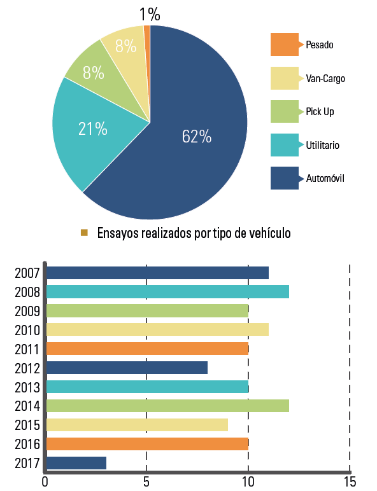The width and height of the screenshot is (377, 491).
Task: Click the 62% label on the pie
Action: [x=197, y=137]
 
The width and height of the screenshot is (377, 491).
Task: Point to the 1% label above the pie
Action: [x=150, y=15]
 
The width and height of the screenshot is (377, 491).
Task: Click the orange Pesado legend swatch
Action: [x=285, y=45]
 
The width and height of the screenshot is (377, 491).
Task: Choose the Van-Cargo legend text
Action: [x=325, y=78]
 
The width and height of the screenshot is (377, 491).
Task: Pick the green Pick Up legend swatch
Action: [x=285, y=111]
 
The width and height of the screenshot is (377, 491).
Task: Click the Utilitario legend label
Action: [x=322, y=145]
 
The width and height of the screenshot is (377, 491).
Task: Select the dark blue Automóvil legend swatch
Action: [x=285, y=178]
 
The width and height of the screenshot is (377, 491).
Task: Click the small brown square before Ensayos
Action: [x=84, y=232]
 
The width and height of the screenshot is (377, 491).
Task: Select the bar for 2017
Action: [x=76, y=463]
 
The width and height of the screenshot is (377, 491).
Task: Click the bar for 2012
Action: [x=127, y=368]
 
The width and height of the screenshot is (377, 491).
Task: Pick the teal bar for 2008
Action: [x=167, y=291]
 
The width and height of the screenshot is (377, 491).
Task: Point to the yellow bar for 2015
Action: [x=137, y=425]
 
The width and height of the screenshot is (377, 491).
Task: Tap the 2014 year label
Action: [x=27, y=406]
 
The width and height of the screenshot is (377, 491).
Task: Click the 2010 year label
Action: [x=27, y=330]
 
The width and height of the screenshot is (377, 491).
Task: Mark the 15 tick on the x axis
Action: [x=350, y=481]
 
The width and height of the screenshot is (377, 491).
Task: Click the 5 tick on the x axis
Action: [x=146, y=481]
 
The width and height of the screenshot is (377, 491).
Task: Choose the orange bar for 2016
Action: [x=147, y=444]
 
